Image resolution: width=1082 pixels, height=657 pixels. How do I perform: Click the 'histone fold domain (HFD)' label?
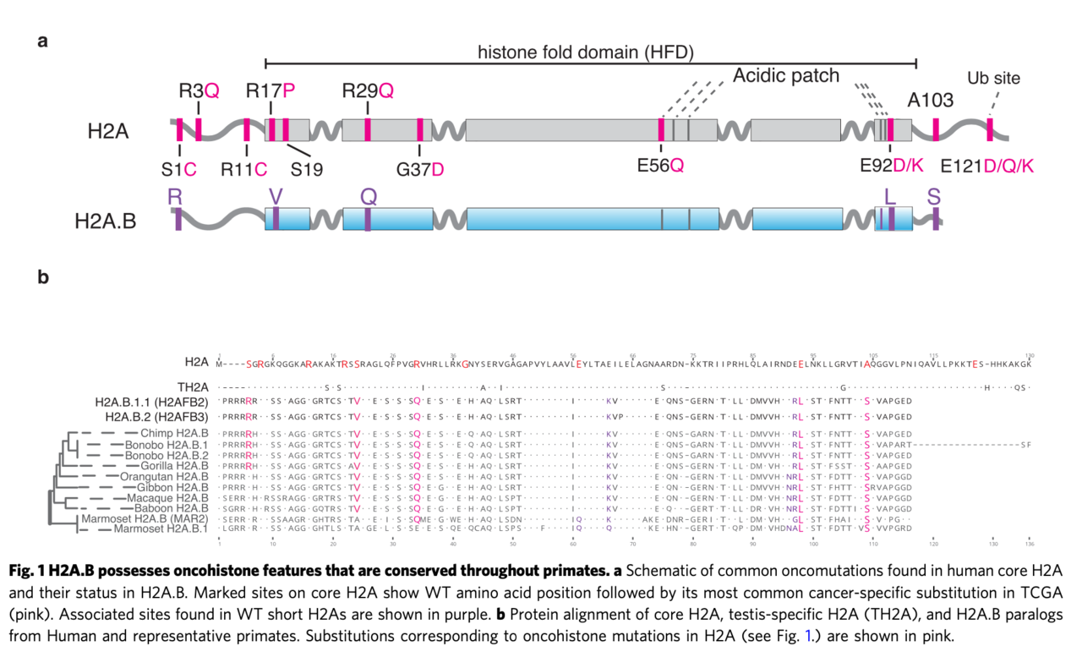click(585, 52)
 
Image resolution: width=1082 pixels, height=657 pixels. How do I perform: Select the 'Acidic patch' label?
click(785, 76)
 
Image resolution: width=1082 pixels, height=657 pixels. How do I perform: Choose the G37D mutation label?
click(419, 168)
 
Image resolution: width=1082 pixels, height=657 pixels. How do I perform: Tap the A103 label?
click(931, 101)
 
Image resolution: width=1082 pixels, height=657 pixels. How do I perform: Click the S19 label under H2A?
click(307, 168)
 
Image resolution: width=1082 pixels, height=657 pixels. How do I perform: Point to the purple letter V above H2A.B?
click(276, 196)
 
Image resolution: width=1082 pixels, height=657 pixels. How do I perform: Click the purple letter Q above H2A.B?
click(368, 196)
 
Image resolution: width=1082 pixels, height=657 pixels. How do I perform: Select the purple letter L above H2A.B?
click(889, 196)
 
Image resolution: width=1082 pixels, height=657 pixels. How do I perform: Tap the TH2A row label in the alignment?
click(194, 386)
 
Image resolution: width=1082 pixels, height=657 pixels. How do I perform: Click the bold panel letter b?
click(43, 276)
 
